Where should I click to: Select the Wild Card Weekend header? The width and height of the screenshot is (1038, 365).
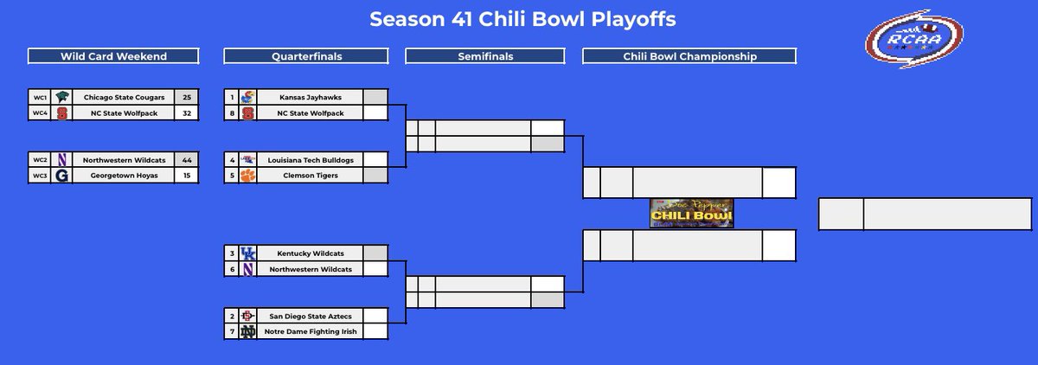point(113,56)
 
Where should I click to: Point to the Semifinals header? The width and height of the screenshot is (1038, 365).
point(484,56)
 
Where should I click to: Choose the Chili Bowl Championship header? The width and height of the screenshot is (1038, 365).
point(689,56)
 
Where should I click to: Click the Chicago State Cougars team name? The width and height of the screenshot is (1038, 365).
point(124,98)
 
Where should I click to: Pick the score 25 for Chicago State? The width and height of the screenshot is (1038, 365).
point(187,98)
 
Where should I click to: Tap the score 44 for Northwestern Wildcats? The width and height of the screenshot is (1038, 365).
point(187,160)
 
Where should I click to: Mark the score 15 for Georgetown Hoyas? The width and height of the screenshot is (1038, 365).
point(187,176)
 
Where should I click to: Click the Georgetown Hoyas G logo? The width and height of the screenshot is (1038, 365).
point(62,176)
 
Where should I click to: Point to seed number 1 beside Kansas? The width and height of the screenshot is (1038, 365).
point(231,98)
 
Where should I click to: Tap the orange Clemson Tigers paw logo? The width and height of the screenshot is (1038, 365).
point(248,176)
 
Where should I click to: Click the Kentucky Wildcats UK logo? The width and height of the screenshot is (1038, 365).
point(248,253)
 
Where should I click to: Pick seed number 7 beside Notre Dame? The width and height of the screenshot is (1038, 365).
point(231,331)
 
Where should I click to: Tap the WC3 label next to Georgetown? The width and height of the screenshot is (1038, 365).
point(39,176)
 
